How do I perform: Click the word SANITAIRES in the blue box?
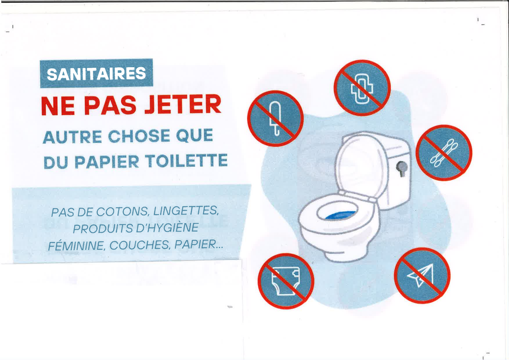96,73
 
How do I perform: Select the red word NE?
58,106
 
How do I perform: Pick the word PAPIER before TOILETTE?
107,162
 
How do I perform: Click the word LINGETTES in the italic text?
186,211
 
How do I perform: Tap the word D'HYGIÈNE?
167,228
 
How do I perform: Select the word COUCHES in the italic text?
140,245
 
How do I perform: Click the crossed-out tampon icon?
275,118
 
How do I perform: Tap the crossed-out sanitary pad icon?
362,88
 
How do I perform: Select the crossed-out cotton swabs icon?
444,153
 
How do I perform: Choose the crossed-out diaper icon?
286,281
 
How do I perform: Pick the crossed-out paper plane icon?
422,275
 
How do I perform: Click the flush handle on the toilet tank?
402,168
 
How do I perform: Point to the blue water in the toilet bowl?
340,215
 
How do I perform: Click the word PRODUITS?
102,229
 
